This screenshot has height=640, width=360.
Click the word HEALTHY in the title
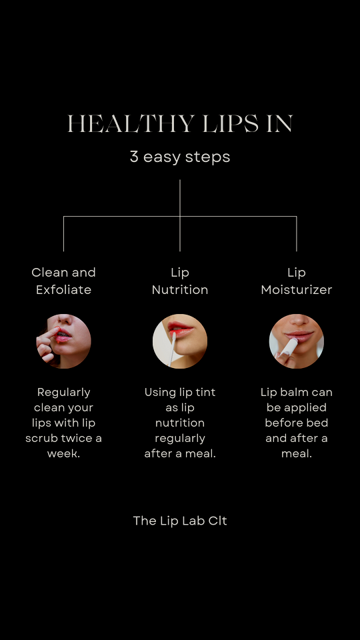point(131,124)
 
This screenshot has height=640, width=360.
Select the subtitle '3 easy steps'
point(180,157)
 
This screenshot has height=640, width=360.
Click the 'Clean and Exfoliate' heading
point(64,281)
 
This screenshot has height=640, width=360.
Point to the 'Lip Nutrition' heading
point(180,281)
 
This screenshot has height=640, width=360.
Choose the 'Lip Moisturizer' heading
point(297,281)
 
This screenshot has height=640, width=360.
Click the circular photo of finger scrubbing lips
point(64,341)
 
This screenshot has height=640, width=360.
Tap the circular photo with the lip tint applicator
point(180,341)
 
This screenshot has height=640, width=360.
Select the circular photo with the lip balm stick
point(297,341)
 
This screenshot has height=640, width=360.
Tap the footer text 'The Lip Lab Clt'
point(180,521)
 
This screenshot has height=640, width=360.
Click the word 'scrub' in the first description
point(41,439)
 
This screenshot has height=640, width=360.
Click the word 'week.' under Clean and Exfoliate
point(64,453)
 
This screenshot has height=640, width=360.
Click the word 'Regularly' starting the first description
point(64,393)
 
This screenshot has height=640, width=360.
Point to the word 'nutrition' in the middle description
point(180,423)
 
